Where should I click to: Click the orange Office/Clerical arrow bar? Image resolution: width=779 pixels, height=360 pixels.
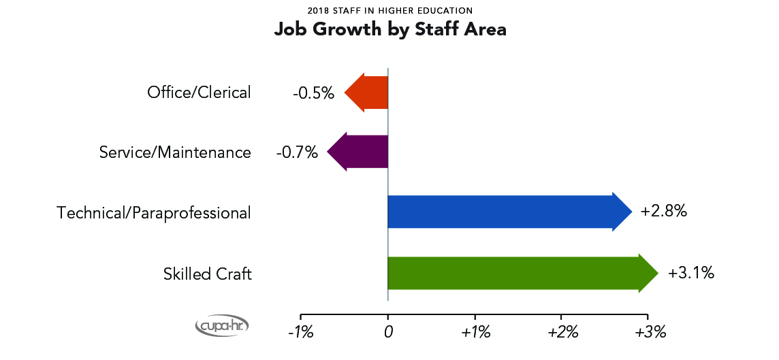(367, 92)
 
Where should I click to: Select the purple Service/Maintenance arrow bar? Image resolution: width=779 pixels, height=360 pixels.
(358, 152)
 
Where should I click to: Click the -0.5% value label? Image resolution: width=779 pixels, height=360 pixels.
(313, 93)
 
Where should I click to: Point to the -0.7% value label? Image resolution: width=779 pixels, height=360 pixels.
(297, 152)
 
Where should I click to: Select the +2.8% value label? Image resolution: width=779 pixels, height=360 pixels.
(663, 212)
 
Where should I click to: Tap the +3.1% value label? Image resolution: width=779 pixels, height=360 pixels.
(690, 274)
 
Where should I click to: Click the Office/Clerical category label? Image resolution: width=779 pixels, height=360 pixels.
(199, 93)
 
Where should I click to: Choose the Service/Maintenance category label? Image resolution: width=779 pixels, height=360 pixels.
(175, 152)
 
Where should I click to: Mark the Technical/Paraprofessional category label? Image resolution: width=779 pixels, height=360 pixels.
(154, 213)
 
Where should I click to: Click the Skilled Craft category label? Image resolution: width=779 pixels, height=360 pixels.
(207, 274)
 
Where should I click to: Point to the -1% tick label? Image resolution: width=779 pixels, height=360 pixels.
(300, 333)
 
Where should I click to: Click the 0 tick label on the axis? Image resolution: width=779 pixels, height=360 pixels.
(387, 333)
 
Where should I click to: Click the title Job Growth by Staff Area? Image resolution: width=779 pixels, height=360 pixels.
(389, 30)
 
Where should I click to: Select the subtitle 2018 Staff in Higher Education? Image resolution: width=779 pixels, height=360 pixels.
(389, 11)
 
